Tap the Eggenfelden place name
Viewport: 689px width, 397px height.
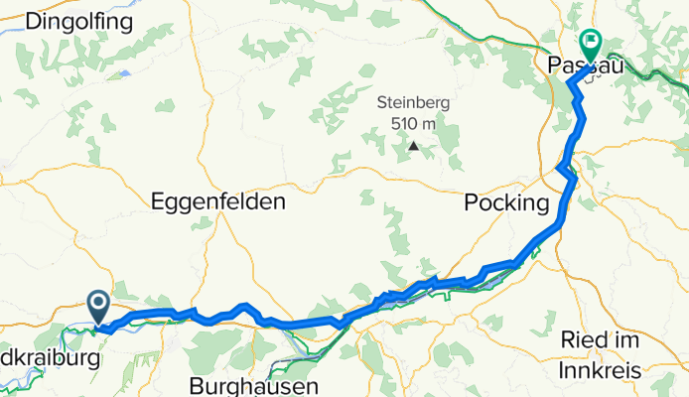point(218,201)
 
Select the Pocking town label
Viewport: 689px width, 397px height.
point(506,203)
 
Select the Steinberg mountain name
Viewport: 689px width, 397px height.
point(411,102)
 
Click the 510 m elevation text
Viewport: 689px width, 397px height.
point(411,123)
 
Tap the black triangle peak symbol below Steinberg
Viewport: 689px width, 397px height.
point(412,149)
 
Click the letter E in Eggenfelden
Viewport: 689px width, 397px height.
point(158,201)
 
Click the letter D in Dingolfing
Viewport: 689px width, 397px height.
point(35,20)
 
